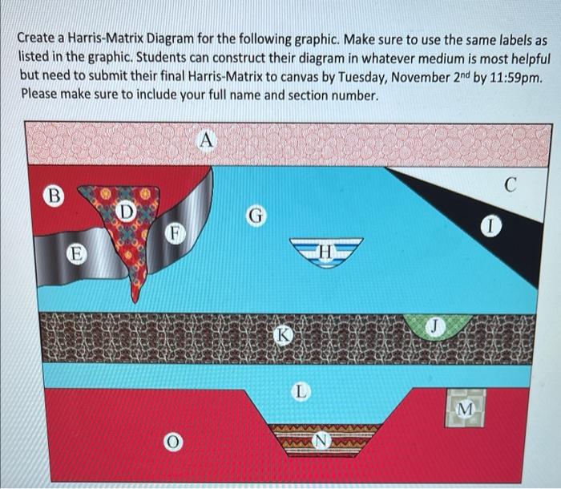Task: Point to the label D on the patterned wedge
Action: coord(126,211)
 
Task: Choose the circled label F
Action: coord(171,234)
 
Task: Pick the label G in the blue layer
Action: coord(255,215)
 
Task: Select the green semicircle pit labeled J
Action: coord(434,328)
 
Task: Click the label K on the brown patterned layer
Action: coord(280,334)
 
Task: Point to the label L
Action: coord(299,392)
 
